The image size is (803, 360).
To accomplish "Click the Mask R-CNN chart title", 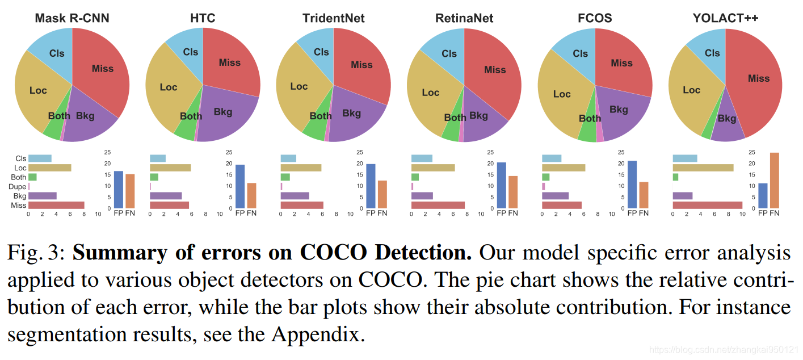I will (x=72, y=18).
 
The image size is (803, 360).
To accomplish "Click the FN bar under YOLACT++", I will (x=774, y=180).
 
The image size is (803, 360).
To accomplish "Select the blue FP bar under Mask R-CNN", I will (x=119, y=189).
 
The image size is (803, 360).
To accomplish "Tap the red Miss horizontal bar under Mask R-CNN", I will (x=56, y=205).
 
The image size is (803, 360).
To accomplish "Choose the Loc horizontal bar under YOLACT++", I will (x=703, y=168).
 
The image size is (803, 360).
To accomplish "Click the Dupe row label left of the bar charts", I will (x=19, y=186).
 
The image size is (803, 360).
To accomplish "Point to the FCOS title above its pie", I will (x=594, y=18).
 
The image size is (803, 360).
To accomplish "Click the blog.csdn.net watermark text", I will (x=724, y=350).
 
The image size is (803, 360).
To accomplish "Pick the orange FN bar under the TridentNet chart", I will (x=382, y=194).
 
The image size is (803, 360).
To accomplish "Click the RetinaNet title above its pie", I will (x=464, y=18).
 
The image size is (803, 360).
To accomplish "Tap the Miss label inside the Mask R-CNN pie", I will (x=103, y=69).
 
